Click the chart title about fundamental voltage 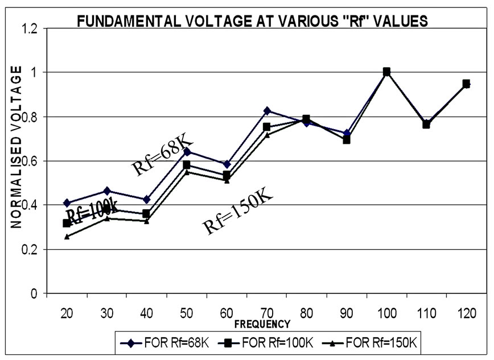coord(252,22)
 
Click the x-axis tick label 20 coord(67,314)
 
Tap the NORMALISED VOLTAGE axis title coord(17,147)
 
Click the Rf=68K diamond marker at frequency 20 coord(67,203)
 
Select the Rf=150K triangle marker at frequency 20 coord(67,236)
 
